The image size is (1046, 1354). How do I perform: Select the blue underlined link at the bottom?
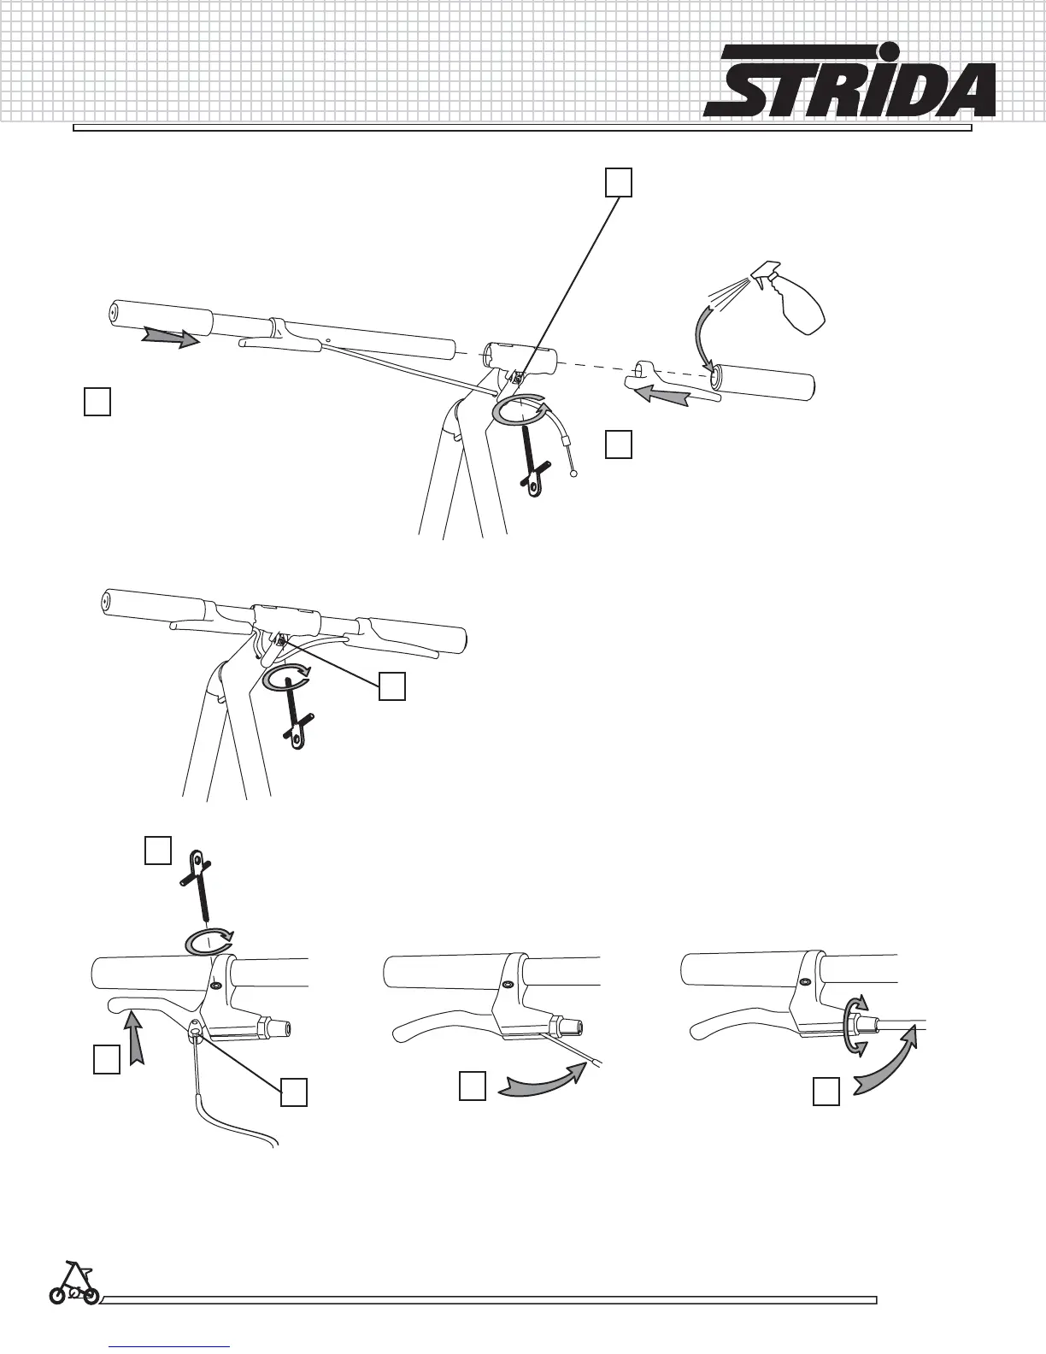170,1345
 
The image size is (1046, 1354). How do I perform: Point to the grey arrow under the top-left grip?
171,338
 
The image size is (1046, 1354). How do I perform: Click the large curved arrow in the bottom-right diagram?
889,1060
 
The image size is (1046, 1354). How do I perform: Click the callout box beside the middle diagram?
392,687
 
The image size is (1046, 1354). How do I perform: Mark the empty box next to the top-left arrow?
97,402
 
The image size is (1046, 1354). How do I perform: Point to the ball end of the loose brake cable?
573,474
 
